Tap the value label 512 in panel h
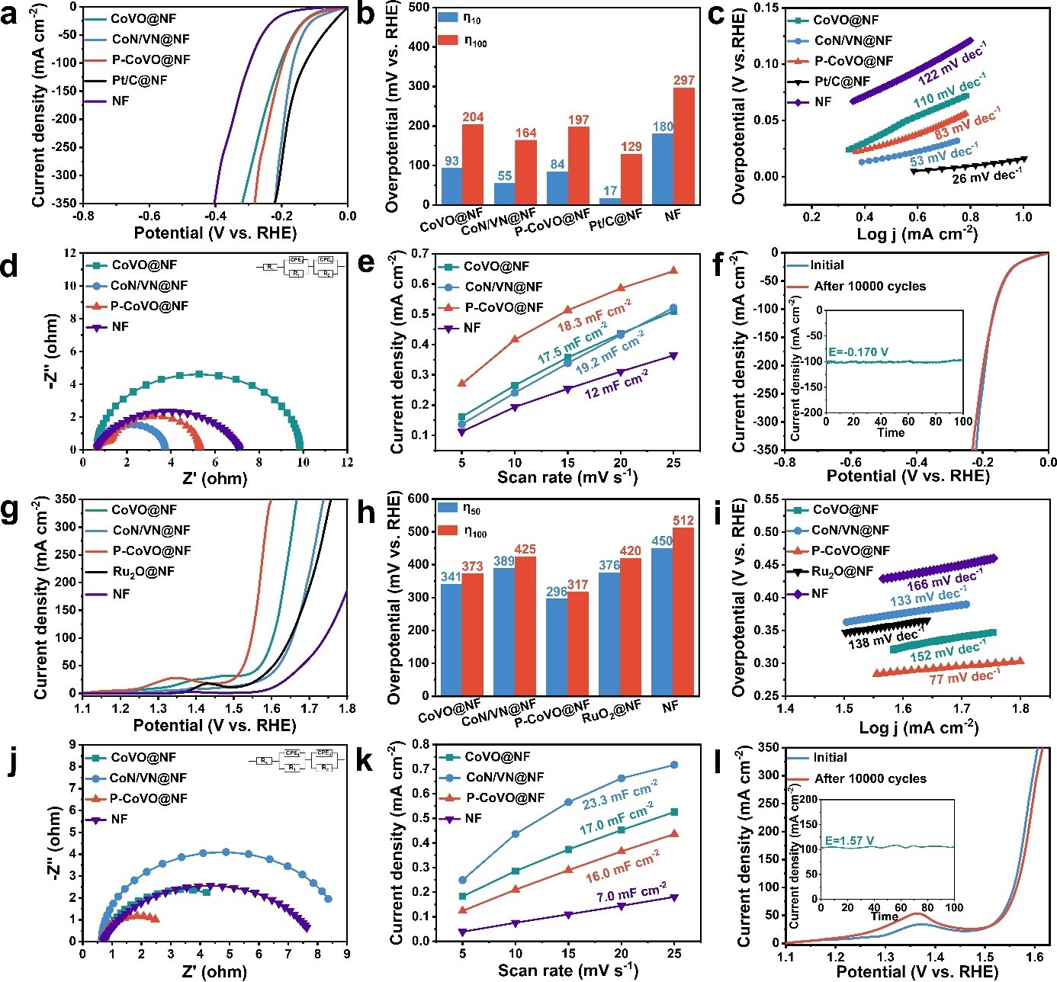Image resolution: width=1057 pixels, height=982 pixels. coord(683,521)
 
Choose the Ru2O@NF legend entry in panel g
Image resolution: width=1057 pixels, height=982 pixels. coord(143,571)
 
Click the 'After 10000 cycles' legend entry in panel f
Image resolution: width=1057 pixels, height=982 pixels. coord(869,287)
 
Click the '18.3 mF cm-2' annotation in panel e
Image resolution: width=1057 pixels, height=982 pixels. coord(594,315)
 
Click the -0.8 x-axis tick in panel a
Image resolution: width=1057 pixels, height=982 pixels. coord(83,216)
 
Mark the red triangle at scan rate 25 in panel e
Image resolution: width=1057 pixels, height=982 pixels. coord(673,271)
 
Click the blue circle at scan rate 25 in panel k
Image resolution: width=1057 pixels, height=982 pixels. coord(673,765)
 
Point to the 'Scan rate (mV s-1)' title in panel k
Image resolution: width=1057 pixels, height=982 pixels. coord(567,970)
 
